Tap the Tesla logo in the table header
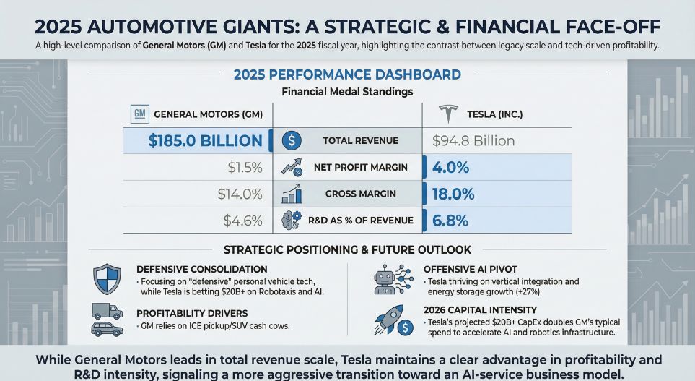449,114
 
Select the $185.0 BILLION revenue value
206,140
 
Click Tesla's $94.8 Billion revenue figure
473,140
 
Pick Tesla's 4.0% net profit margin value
451,168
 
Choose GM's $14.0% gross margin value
239,194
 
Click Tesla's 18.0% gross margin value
453,194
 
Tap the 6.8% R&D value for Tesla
451,221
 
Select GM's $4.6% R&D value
242,221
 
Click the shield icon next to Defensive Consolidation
107,278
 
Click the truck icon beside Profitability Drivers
106,312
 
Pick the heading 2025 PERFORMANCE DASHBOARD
347,74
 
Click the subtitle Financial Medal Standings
347,92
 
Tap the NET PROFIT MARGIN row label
361,168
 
